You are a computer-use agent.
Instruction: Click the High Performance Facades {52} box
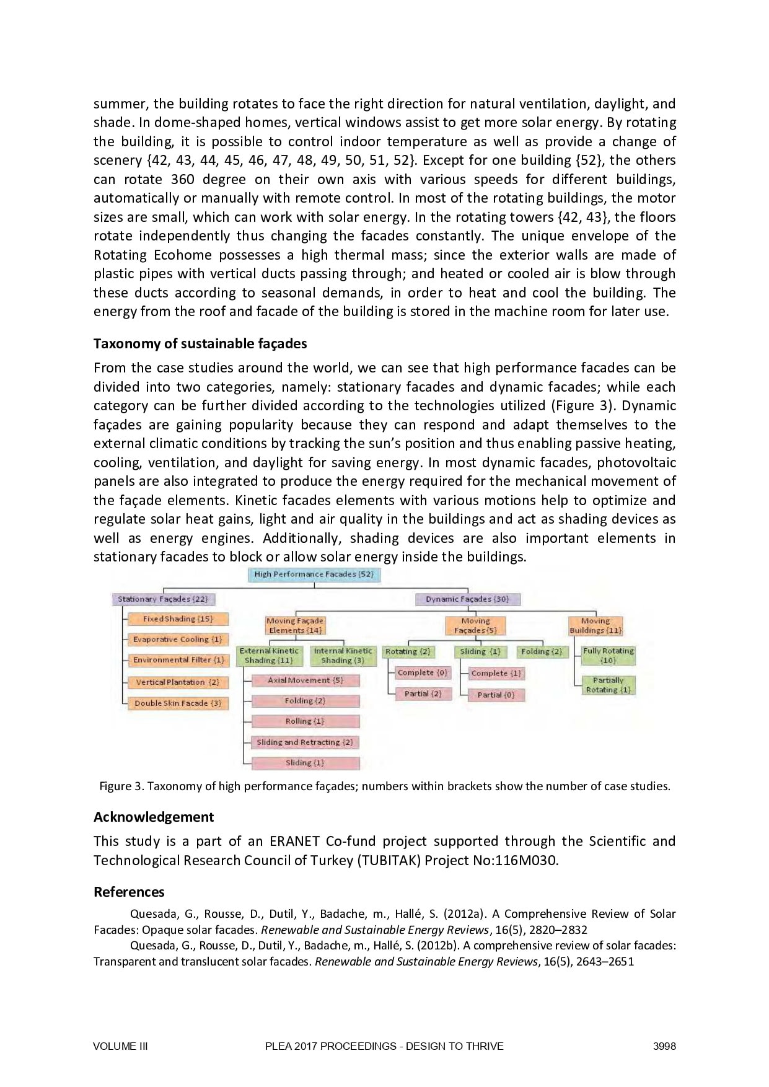(314, 574)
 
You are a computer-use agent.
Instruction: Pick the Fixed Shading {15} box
(178, 619)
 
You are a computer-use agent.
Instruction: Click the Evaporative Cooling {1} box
(177, 640)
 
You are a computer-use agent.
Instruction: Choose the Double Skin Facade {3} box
(178, 703)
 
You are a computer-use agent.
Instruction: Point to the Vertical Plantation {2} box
(178, 682)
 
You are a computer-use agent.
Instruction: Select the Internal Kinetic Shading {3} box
(343, 656)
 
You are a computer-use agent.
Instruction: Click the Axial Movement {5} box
(305, 680)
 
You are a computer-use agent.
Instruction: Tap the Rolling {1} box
(305, 721)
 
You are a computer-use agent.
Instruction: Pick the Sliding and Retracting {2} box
(305, 742)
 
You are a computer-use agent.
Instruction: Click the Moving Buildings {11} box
(595, 625)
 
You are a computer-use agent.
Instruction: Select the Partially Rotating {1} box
(609, 685)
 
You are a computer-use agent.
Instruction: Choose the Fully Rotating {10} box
(609, 656)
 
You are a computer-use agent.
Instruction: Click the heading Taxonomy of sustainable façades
(200, 343)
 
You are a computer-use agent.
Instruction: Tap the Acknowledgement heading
(154, 817)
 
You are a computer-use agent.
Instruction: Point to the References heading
(129, 892)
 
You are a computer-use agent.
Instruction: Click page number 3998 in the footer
(664, 1046)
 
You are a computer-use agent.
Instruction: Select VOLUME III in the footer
(120, 1046)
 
